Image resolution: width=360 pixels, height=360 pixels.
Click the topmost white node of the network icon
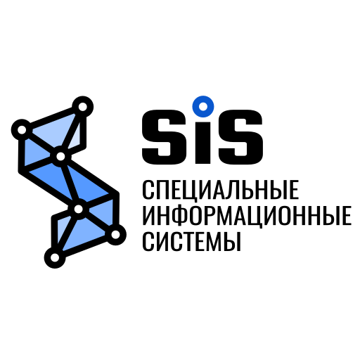click(82, 107)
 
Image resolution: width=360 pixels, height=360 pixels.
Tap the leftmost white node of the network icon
click(22, 129)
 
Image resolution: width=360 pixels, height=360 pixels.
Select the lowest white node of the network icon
click(55, 257)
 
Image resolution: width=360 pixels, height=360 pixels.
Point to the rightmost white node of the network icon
click(115, 234)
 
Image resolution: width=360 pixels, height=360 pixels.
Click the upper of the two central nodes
click(60, 156)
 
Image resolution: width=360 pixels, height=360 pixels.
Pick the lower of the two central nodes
click(79, 209)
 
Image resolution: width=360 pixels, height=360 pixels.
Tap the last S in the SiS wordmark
click(240, 137)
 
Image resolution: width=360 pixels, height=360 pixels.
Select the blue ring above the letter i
click(203, 107)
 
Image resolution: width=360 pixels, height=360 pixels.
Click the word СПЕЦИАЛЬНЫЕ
click(221, 190)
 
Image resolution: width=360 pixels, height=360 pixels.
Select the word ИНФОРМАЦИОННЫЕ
click(247, 216)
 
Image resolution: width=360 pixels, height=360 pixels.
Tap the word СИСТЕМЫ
click(192, 241)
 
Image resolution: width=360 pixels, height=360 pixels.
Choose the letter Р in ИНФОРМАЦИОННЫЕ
click(211, 216)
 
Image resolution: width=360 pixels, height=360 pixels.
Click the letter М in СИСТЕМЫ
click(215, 242)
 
